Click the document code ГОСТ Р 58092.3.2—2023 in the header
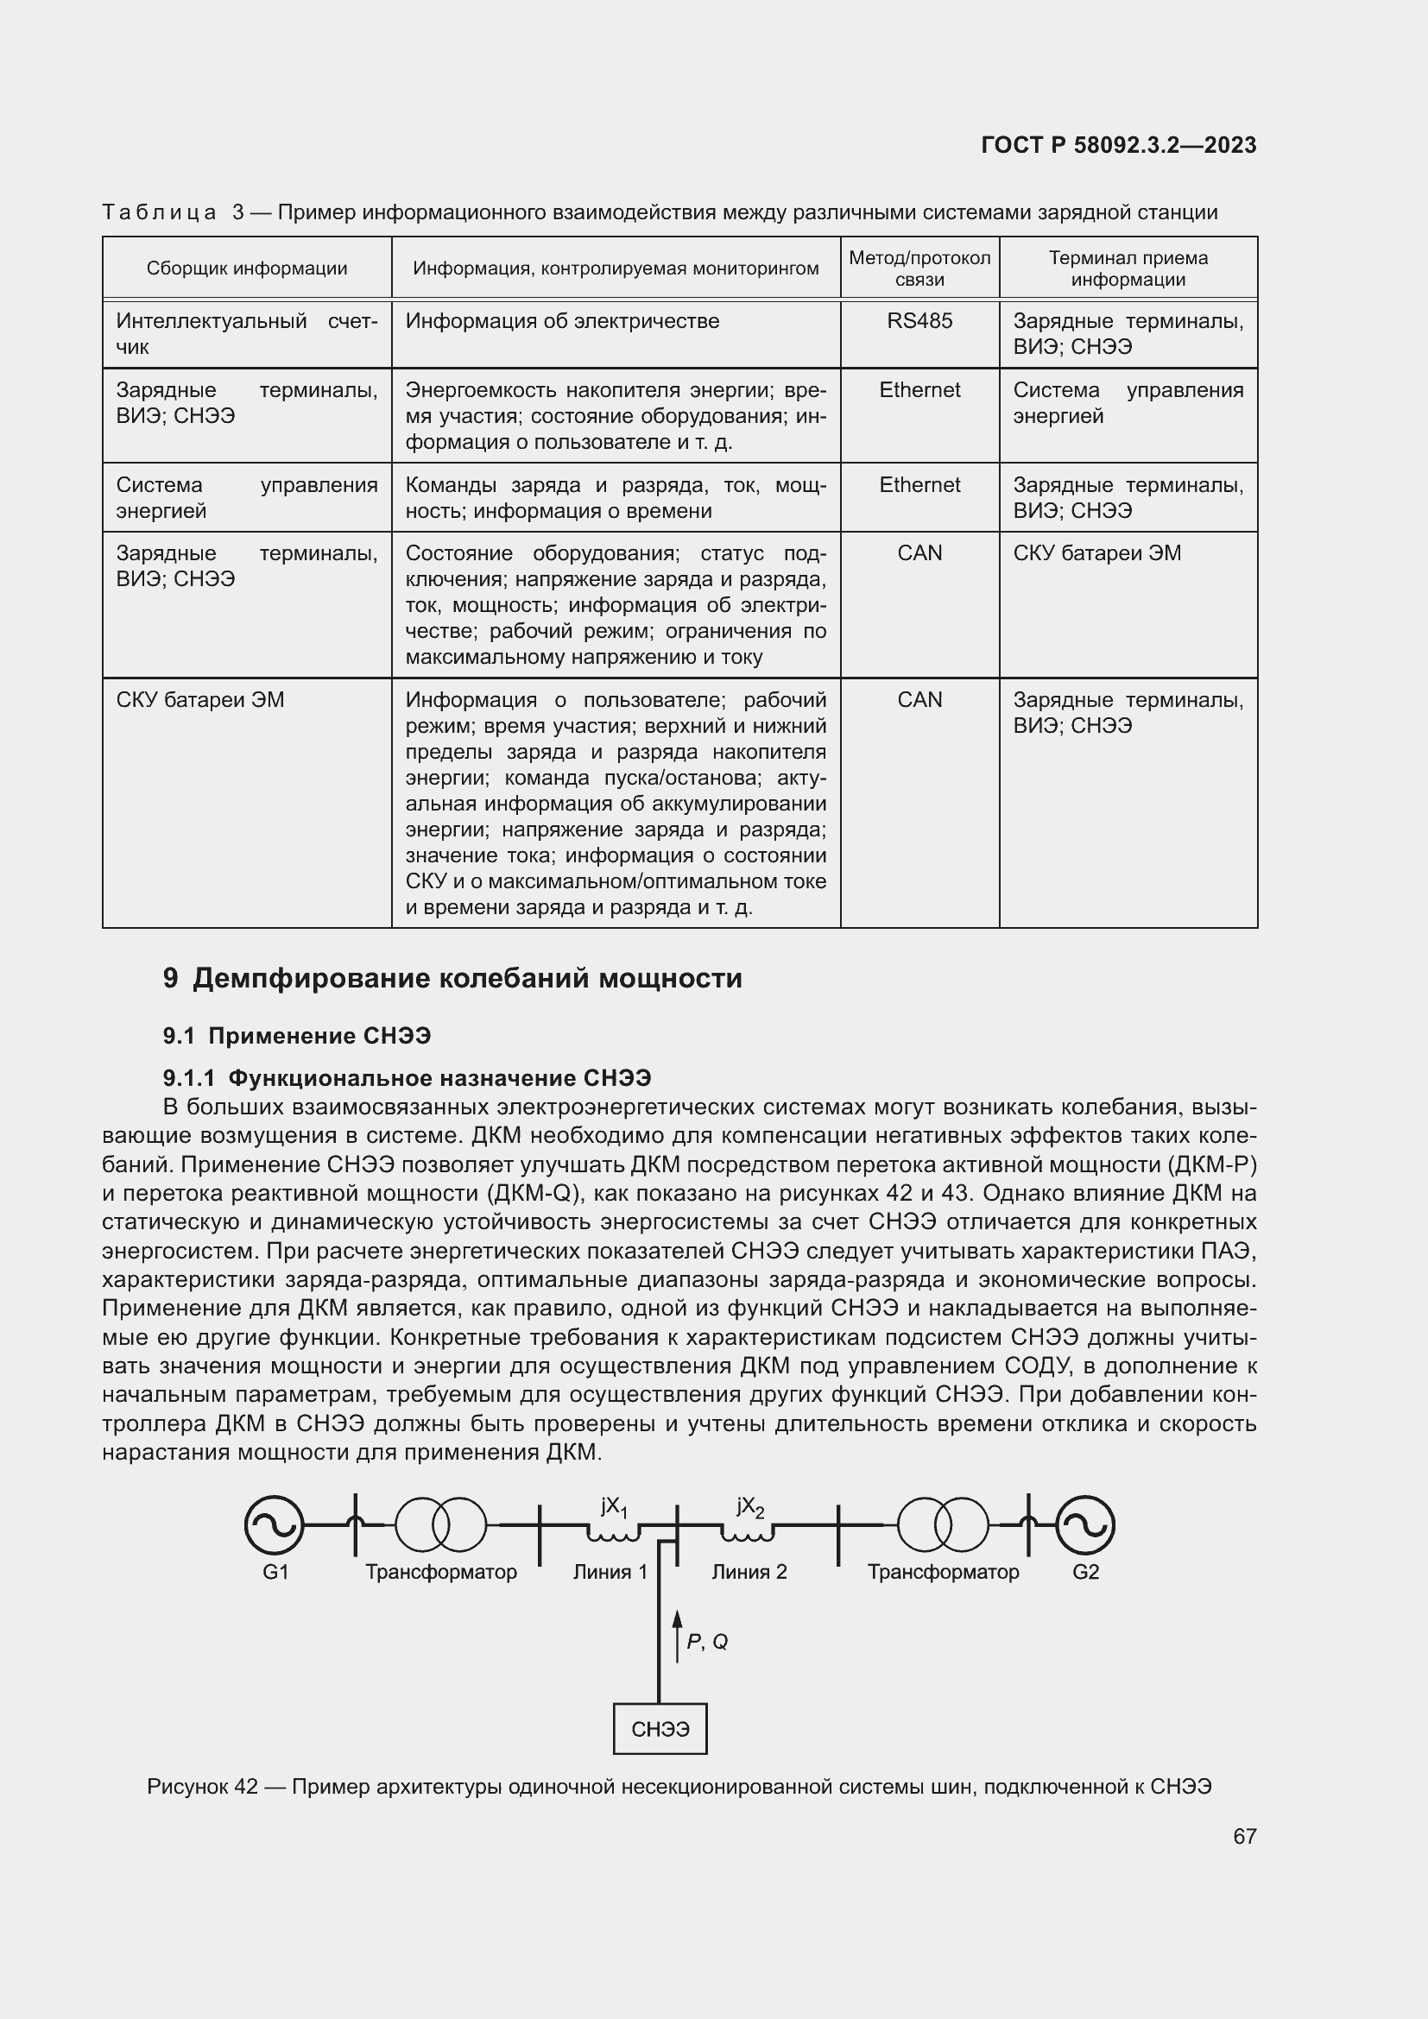coord(1118,145)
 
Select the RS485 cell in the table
coord(919,321)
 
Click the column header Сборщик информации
coord(246,268)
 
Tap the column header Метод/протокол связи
coord(919,268)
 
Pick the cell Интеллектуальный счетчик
coord(246,334)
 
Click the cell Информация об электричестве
coord(562,321)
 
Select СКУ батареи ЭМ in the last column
coord(1096,553)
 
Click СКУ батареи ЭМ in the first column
coord(199,700)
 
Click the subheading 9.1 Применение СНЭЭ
coord(296,1036)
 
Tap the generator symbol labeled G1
coord(275,1524)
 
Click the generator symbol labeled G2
coord(1085,1524)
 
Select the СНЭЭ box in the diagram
coord(660,1729)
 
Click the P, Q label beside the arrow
coord(707,1641)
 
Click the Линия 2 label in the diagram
coord(749,1571)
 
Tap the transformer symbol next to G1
coord(439,1524)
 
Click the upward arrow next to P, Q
coord(677,1636)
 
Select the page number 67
coord(1244,1835)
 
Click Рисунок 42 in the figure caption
coord(202,1786)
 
